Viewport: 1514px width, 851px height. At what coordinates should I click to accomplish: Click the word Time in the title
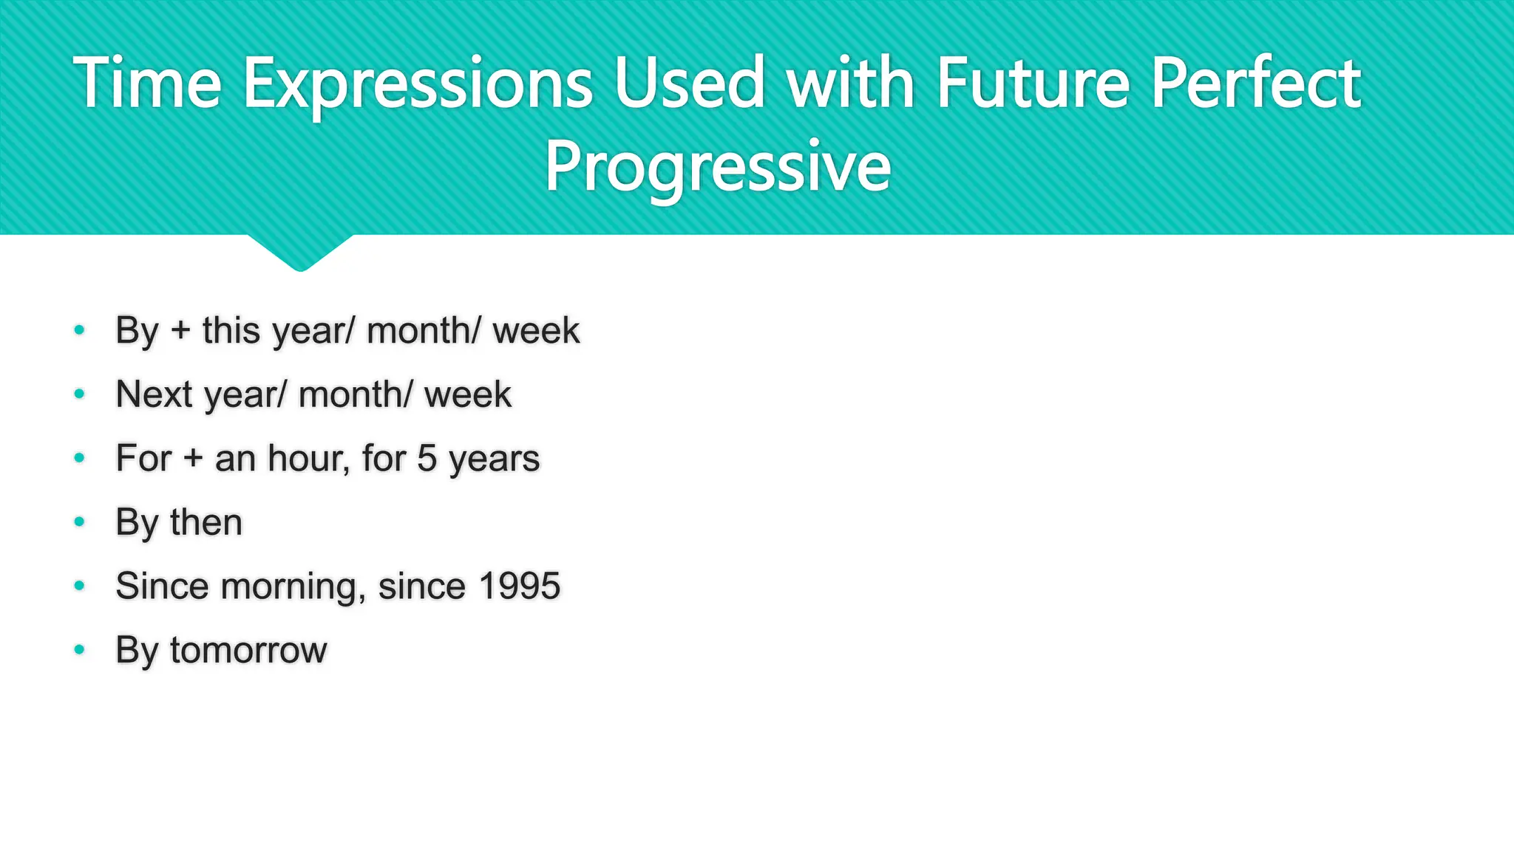coord(147,83)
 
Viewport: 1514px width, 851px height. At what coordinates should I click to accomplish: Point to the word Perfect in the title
coord(1256,83)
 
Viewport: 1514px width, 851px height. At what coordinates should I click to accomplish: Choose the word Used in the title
coord(689,83)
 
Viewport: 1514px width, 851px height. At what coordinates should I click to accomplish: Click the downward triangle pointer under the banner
coord(300,253)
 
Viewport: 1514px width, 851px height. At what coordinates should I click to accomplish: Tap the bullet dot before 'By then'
coord(80,522)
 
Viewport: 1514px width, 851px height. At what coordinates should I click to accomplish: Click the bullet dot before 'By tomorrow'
coord(80,650)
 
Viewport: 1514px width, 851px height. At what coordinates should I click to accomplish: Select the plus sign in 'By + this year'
coord(180,330)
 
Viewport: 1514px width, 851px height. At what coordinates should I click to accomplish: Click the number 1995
coord(520,587)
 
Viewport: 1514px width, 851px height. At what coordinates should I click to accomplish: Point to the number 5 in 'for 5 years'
coord(427,458)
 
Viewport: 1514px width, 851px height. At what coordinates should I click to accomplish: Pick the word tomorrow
coord(248,651)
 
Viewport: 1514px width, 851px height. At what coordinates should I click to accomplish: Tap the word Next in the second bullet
coord(155,394)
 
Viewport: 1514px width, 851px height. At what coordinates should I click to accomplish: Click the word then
coord(206,522)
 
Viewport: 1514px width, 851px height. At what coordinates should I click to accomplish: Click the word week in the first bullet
coord(536,330)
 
